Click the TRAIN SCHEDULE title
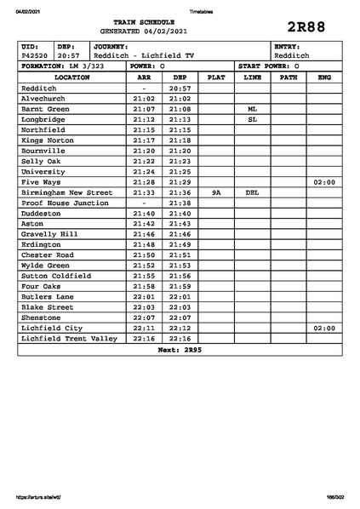point(143,20)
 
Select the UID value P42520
point(35,55)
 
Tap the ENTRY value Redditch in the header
point(291,55)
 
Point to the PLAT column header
point(216,77)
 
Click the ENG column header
point(323,77)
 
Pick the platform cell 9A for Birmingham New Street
point(216,193)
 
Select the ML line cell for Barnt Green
point(252,109)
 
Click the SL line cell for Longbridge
point(252,120)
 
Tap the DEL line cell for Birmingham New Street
point(252,193)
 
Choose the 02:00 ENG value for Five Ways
point(323,182)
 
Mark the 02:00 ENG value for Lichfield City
point(323,329)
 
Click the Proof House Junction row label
point(65,203)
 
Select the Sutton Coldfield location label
point(56,277)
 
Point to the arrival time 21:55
point(144,277)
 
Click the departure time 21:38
point(180,203)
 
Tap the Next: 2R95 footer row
point(180,350)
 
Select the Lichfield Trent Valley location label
point(69,339)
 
